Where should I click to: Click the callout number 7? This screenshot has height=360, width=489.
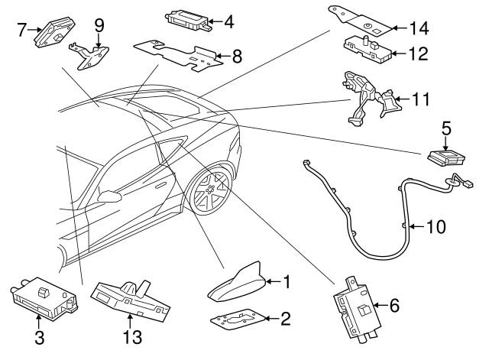pyautogui.click(x=21, y=30)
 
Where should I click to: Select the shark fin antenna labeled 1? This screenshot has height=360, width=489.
pyautogui.click(x=238, y=282)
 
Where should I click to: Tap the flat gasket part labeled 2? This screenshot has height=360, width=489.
pyautogui.click(x=238, y=319)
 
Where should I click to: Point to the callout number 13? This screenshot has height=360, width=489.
pyautogui.click(x=132, y=337)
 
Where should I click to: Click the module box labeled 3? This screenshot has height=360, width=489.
pyautogui.click(x=44, y=299)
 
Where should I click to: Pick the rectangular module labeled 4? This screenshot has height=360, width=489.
pyautogui.click(x=189, y=21)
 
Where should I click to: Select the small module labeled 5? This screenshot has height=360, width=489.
pyautogui.click(x=446, y=157)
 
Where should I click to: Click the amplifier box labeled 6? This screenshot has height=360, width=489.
pyautogui.click(x=358, y=310)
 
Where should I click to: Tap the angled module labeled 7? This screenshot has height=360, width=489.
pyautogui.click(x=53, y=32)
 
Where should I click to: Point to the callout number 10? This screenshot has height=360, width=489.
pyautogui.click(x=436, y=227)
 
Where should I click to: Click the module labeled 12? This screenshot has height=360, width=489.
pyautogui.click(x=368, y=50)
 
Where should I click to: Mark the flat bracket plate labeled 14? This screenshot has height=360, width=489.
pyautogui.click(x=359, y=21)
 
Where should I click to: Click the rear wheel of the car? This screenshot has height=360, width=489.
pyautogui.click(x=211, y=189)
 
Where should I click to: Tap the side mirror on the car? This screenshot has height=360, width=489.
pyautogui.click(x=109, y=196)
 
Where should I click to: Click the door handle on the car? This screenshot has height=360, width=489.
pyautogui.click(x=161, y=186)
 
